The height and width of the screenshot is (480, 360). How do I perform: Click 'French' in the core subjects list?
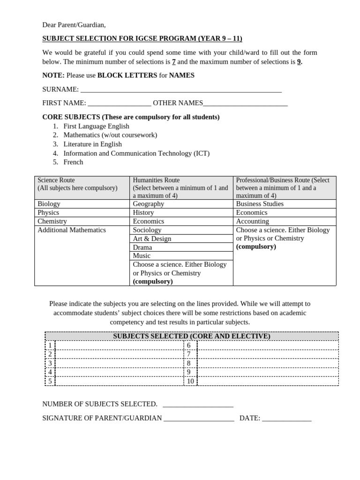coord(73,162)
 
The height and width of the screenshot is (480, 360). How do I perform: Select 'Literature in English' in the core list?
coord(92,144)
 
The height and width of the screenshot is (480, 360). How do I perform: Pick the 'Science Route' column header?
coord(56,180)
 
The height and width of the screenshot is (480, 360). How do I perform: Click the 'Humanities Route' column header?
coord(156,180)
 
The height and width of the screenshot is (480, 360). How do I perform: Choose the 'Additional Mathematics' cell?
coord(72,230)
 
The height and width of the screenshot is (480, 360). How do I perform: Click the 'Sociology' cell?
coord(147,230)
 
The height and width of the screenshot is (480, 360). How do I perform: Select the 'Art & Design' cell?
coord(152,239)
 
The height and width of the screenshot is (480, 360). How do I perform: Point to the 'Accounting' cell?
coord(252,221)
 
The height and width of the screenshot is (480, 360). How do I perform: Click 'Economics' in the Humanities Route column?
coord(148,221)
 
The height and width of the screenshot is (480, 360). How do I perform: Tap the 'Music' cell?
coord(142,256)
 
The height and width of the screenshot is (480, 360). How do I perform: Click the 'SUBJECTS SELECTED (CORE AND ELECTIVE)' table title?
coord(191,336)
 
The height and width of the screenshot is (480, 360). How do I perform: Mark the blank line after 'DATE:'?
coord(286,418)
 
